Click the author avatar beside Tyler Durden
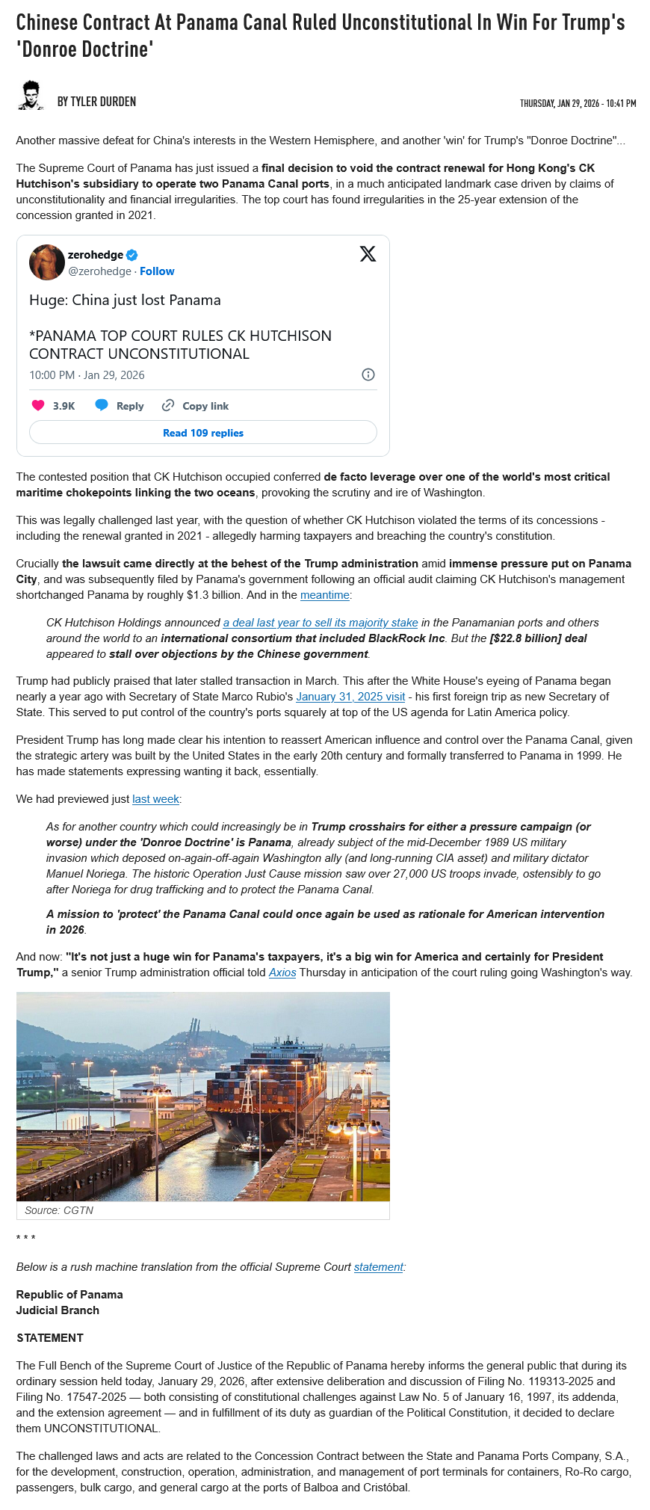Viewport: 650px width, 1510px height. (31, 96)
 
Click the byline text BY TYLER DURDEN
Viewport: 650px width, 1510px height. (96, 102)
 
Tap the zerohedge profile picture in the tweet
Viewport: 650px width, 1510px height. (46, 262)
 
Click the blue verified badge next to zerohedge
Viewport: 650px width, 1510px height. (132, 255)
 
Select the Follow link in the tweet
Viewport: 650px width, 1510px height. (157, 271)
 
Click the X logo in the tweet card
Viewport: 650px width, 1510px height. (368, 254)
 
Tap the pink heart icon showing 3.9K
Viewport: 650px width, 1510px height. (38, 405)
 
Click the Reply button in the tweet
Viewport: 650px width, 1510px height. (120, 406)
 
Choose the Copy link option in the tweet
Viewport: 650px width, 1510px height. (196, 406)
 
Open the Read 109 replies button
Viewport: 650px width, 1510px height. (203, 433)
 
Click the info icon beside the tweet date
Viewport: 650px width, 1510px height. (368, 375)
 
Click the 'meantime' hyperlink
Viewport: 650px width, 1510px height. (325, 595)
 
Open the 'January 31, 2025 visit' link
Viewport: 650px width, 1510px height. (350, 697)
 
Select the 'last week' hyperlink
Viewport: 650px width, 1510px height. (155, 799)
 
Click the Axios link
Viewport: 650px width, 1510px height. (282, 973)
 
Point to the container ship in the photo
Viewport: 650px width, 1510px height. (261, 1091)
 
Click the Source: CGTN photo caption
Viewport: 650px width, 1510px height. (59, 1210)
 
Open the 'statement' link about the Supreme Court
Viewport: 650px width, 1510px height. (378, 1267)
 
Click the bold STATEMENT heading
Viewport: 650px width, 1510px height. (50, 1338)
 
